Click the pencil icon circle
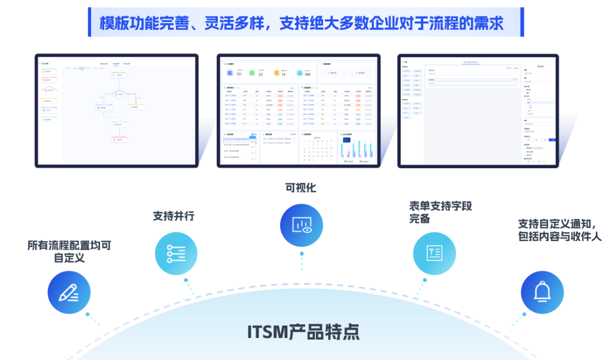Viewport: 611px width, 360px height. point(69,292)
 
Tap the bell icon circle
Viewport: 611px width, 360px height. point(542,292)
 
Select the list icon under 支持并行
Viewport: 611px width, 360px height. point(176,254)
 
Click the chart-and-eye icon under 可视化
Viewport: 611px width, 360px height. point(302,225)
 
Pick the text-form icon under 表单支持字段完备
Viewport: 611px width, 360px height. point(434,253)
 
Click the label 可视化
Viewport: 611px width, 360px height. point(301,188)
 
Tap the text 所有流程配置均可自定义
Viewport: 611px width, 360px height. point(69,251)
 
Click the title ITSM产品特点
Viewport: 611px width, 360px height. point(303,332)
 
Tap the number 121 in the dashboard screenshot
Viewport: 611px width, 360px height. point(239,74)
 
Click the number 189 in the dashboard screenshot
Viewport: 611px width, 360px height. point(307,74)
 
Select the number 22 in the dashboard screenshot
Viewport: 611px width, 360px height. point(261,74)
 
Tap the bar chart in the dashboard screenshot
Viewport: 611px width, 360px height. point(356,149)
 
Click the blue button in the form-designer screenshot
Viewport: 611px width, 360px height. point(552,139)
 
